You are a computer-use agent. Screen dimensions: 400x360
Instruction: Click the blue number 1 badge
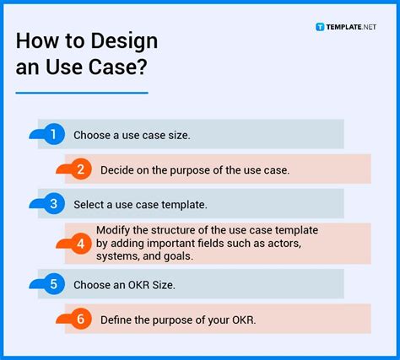[53, 134]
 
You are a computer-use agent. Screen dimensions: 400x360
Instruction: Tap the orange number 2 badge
[80, 169]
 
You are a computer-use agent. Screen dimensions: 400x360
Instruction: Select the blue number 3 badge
[53, 204]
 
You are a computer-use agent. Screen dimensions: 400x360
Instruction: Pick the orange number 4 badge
[80, 244]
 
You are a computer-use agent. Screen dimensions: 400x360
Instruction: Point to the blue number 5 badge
[53, 284]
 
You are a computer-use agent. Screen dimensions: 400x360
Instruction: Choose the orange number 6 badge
[80, 319]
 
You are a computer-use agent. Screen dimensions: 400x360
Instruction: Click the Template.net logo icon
[320, 27]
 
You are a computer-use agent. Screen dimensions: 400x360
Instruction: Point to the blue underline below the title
[82, 93]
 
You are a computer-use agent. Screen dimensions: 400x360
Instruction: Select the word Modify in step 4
[113, 231]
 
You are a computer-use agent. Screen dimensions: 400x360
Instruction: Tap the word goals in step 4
[178, 256]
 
